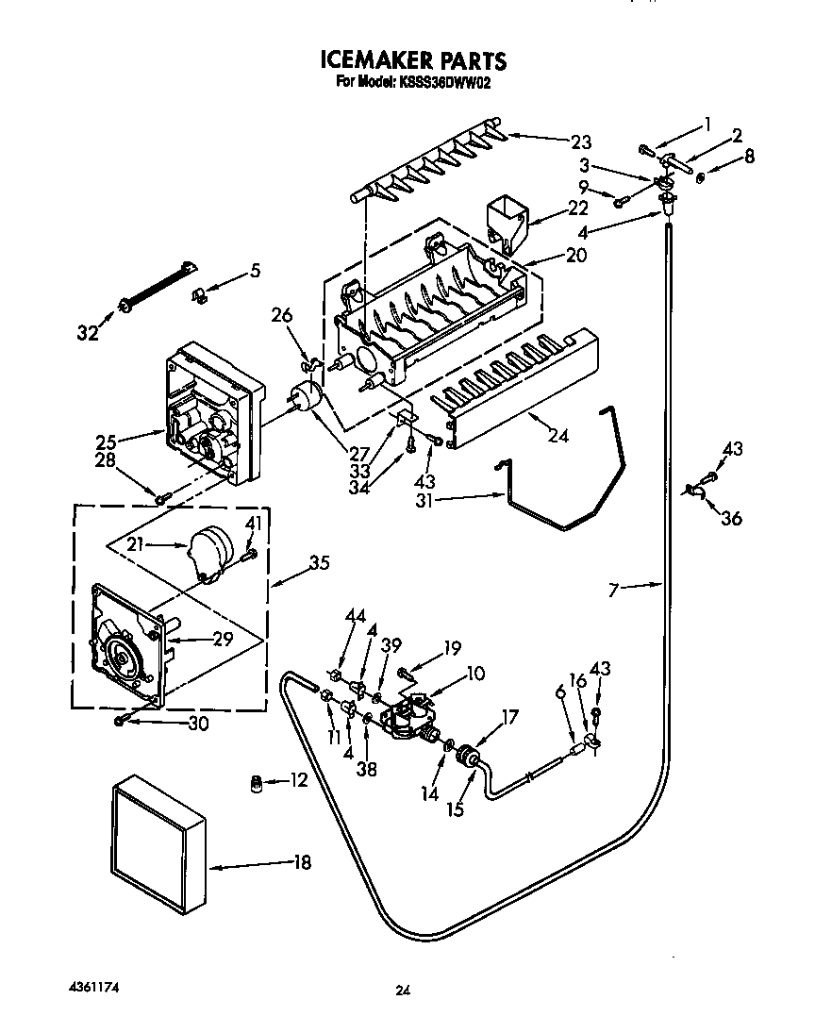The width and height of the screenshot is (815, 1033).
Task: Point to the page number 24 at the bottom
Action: [x=403, y=990]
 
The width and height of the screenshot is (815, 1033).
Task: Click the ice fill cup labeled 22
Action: [x=507, y=220]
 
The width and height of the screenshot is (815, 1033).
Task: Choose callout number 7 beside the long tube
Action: [x=614, y=591]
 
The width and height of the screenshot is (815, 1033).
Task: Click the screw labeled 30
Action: [x=121, y=720]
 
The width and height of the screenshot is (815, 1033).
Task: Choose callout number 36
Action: [x=730, y=518]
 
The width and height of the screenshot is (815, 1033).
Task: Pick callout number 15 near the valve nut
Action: [x=456, y=808]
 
